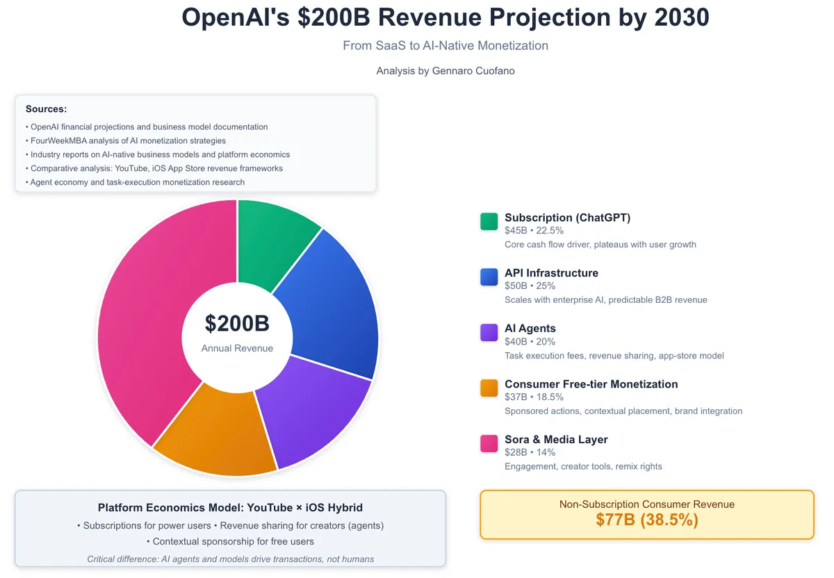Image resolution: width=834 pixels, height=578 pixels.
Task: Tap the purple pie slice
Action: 313,410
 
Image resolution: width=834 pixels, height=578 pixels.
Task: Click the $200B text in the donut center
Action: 237,324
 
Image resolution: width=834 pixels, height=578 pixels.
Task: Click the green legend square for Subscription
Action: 489,222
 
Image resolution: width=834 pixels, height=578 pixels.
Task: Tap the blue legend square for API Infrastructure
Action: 489,277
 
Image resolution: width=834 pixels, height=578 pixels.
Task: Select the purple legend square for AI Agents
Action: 489,333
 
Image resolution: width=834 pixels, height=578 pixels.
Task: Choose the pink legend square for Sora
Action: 489,443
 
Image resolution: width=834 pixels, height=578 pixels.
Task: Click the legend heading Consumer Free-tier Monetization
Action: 591,384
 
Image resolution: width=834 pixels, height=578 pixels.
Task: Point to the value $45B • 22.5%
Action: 534,231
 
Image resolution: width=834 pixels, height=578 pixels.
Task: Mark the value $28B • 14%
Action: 530,452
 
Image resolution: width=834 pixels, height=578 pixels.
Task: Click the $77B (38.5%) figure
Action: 646,520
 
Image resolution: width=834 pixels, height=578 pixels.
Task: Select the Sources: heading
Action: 46,109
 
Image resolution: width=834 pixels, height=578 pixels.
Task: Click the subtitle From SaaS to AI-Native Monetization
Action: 445,46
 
